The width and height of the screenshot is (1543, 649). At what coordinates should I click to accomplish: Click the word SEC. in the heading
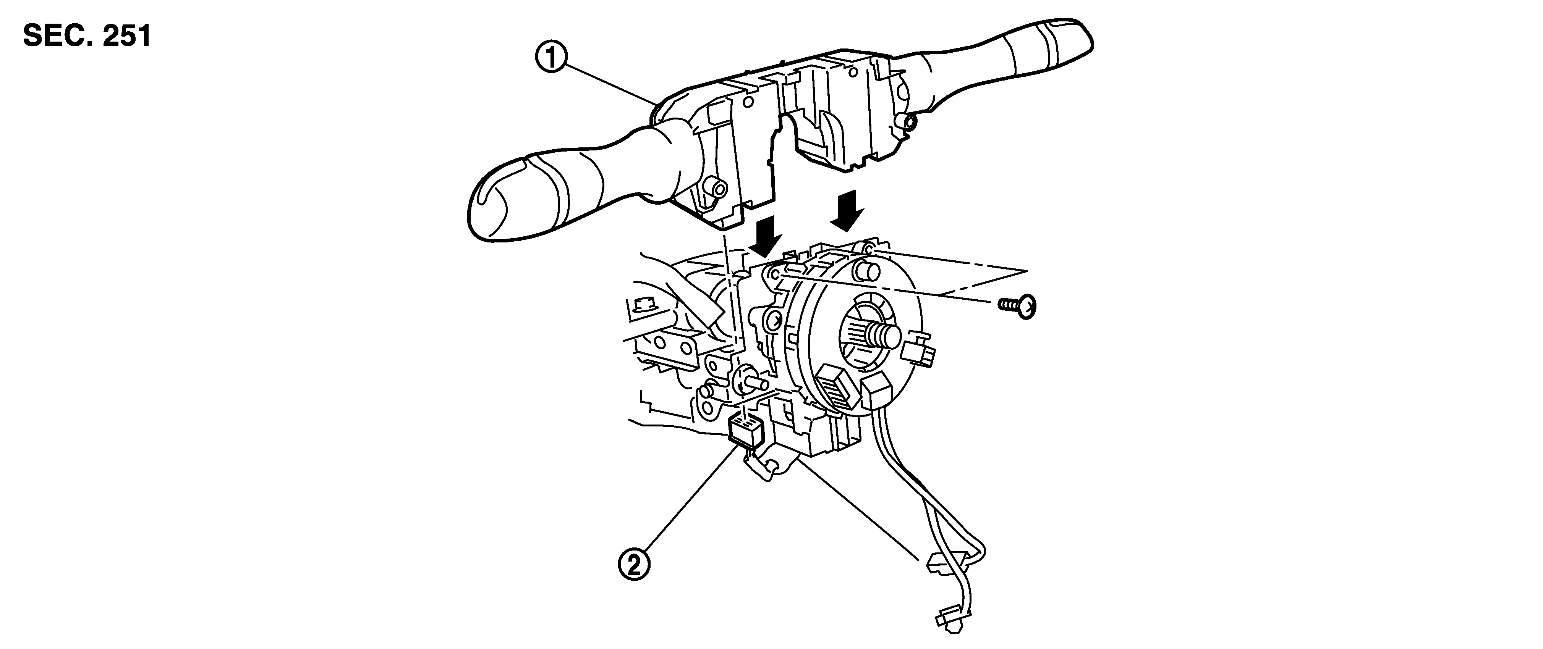pos(57,37)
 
